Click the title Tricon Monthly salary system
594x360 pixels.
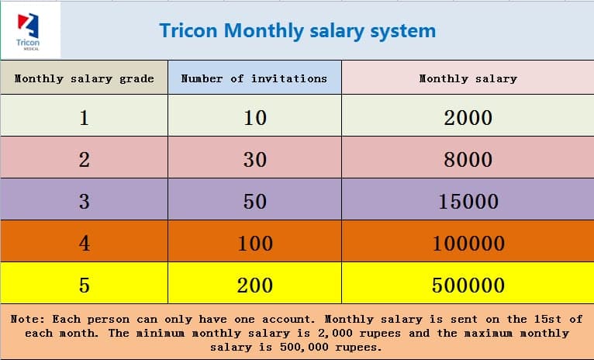(x=297, y=30)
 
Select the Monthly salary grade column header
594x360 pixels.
(x=84, y=78)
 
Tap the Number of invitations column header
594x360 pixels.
(x=254, y=78)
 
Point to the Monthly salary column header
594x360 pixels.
(x=468, y=78)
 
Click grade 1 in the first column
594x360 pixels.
(x=84, y=118)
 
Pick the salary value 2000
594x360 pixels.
(x=468, y=118)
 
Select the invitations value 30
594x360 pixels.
(x=254, y=160)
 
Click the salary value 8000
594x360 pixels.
(x=468, y=160)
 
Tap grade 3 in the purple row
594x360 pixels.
(x=84, y=202)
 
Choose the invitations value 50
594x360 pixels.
(x=254, y=202)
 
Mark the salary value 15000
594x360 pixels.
(x=468, y=202)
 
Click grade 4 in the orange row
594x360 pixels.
(x=84, y=244)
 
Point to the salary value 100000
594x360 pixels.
(x=468, y=244)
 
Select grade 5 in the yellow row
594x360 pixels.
(x=84, y=286)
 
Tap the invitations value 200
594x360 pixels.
(x=254, y=286)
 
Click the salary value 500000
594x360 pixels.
(x=468, y=286)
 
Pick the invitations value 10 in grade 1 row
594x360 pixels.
(x=254, y=118)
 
